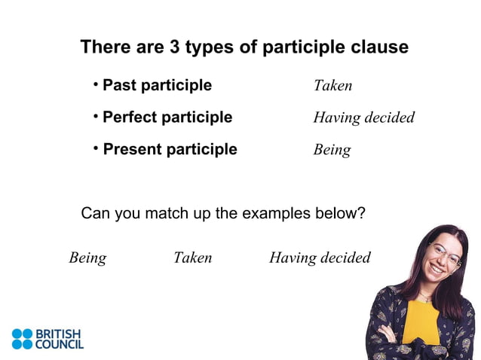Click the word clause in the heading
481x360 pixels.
coord(381,47)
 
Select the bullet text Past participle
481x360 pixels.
coord(157,85)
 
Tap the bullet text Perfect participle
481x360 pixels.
coord(167,117)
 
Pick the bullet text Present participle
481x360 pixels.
coord(170,149)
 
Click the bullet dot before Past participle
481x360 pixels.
coord(97,84)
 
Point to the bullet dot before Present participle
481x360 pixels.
coord(97,148)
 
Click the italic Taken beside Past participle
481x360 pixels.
coord(332,86)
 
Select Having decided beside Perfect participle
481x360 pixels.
coord(363,118)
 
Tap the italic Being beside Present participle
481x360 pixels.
coord(332,150)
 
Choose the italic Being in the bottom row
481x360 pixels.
coord(87,258)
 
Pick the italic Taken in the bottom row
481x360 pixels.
coord(192,258)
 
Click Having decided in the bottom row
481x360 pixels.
coord(320,258)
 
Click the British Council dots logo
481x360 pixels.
coord(23,339)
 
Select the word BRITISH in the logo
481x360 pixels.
coord(58,333)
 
